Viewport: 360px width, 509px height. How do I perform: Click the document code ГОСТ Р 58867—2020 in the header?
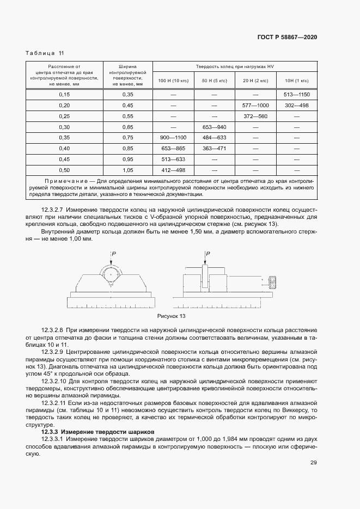click(286, 38)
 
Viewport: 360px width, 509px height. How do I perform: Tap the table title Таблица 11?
click(45, 53)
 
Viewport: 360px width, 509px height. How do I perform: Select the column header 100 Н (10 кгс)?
click(173, 81)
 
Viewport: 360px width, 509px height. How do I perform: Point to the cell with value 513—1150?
click(296, 95)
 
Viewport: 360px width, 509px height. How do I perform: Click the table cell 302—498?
click(296, 105)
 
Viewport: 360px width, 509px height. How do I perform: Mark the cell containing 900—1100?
click(173, 137)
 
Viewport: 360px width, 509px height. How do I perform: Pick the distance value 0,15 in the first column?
click(64, 95)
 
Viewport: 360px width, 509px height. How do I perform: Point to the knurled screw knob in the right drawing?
click(273, 281)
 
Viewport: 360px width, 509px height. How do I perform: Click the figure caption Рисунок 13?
click(172, 316)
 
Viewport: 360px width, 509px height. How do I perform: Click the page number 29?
click(314, 463)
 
